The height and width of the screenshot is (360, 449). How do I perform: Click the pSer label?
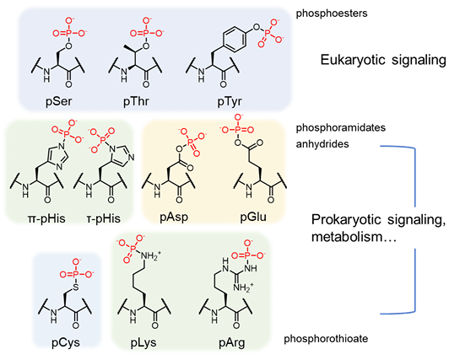[x=59, y=101]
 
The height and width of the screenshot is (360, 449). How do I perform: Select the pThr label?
[x=136, y=101]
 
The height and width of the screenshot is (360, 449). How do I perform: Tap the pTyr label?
[x=230, y=102]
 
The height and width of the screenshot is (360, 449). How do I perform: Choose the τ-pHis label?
[x=103, y=218]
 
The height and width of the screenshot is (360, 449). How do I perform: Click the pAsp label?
[x=174, y=217]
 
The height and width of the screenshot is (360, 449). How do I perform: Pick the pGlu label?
[x=253, y=217]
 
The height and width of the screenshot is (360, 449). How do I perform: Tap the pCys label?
[x=66, y=342]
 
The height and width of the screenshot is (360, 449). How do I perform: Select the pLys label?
[x=143, y=342]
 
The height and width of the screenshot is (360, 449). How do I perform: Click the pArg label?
[x=232, y=342]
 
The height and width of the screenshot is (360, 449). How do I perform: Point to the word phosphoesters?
[x=332, y=13]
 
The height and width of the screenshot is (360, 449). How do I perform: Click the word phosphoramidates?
[x=341, y=127]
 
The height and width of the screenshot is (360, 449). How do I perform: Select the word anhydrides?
[x=322, y=143]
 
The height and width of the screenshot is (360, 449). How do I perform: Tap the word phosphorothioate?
[x=326, y=339]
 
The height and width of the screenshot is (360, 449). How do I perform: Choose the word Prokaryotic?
[x=347, y=219]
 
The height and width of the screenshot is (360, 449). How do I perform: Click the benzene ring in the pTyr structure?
[x=235, y=40]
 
